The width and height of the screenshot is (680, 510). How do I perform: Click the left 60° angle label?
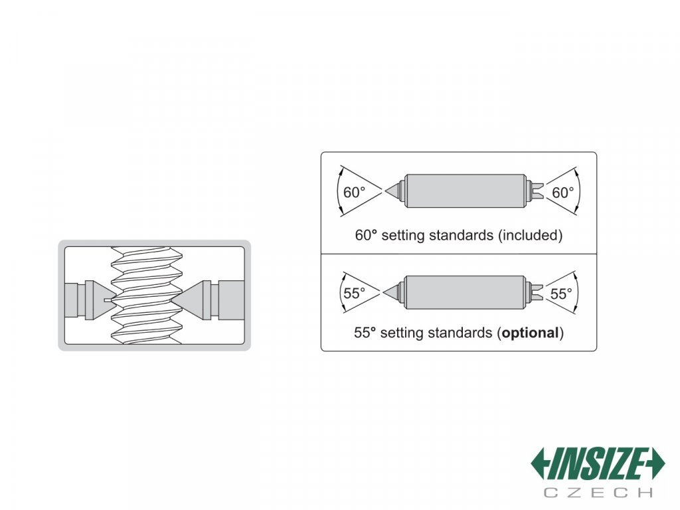click(354, 193)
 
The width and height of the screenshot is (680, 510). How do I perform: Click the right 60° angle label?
click(562, 193)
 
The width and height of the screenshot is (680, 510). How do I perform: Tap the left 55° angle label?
click(354, 293)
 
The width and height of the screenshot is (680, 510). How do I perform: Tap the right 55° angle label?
click(561, 293)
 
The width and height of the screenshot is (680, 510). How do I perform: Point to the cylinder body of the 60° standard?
click(465, 191)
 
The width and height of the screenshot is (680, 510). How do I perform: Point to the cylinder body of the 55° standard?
click(465, 292)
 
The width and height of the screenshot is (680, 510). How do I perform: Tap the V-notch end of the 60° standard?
click(538, 191)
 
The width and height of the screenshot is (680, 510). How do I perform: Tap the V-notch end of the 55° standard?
click(538, 292)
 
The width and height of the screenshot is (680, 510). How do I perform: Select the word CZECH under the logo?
click(598, 492)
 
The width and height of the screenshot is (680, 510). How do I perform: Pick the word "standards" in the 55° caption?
click(459, 333)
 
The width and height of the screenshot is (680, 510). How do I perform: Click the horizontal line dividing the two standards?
click(458, 254)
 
